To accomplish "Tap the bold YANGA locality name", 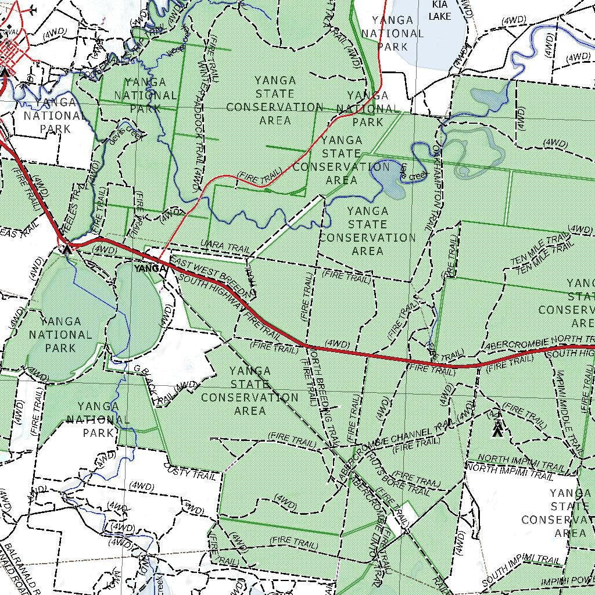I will point(150,268).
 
